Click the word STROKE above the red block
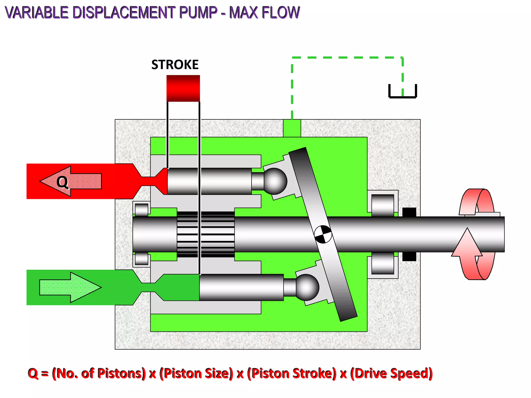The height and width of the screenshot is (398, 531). (175, 65)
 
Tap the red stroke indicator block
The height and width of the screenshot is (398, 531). (183, 88)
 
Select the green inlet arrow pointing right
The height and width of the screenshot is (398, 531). (70, 287)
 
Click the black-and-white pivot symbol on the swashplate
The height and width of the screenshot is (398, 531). (323, 234)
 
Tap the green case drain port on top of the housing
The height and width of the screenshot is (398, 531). (292, 128)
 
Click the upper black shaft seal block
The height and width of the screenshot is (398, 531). (409, 212)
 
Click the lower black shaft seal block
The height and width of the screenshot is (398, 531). (409, 257)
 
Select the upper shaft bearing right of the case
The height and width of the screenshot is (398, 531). (383, 205)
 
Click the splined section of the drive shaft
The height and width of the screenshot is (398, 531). (206, 234)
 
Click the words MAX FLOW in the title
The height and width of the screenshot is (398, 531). (264, 12)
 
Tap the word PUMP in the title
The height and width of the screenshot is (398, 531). (198, 12)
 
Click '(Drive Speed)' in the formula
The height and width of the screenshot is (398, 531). (392, 373)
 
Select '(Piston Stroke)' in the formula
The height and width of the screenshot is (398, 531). (292, 373)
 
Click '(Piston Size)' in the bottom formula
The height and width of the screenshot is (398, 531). (196, 373)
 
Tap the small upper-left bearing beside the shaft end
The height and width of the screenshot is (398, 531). (142, 209)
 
